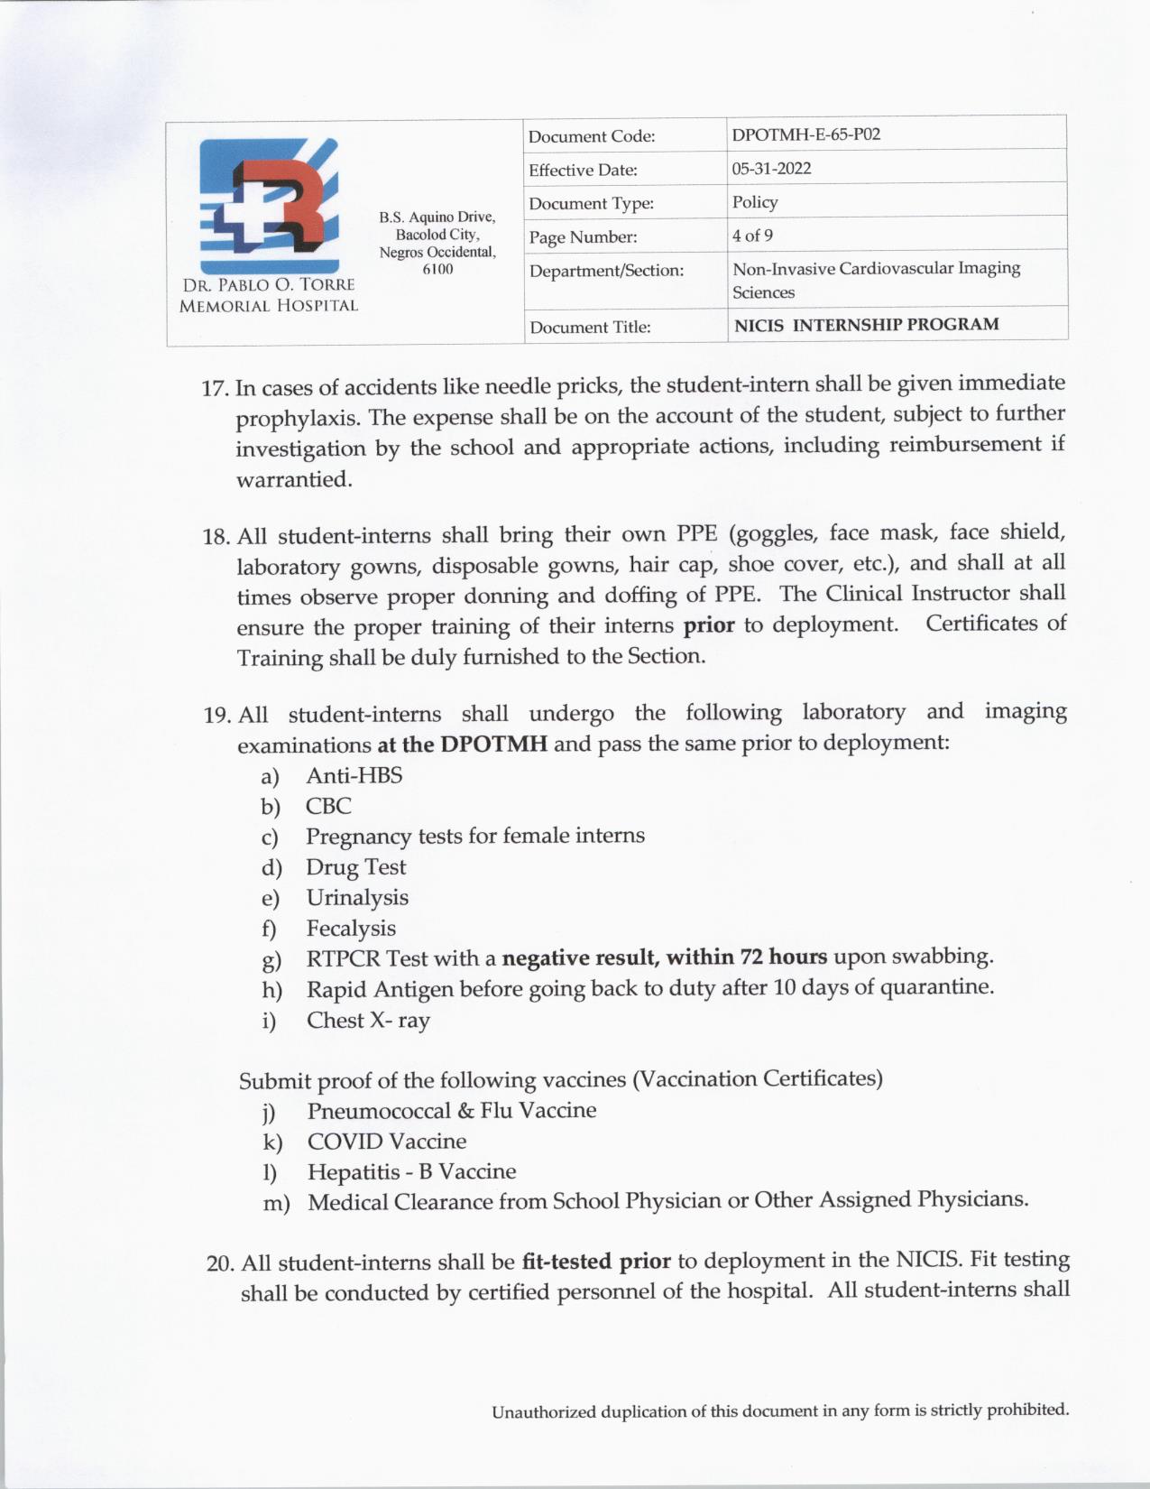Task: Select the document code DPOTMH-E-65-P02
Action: point(805,135)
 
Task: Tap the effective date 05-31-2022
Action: point(771,169)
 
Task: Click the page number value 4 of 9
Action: point(752,236)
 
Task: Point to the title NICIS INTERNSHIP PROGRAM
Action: point(866,325)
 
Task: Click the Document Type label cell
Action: point(591,204)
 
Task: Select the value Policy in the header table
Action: point(755,202)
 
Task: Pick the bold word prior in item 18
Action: point(709,625)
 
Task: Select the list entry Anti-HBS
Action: point(354,776)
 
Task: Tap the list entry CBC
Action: point(328,806)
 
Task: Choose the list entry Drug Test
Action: point(356,867)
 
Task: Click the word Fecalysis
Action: point(351,929)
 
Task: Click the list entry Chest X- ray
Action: point(368,1021)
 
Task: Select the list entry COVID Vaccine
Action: point(387,1142)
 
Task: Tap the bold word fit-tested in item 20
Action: point(568,1262)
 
